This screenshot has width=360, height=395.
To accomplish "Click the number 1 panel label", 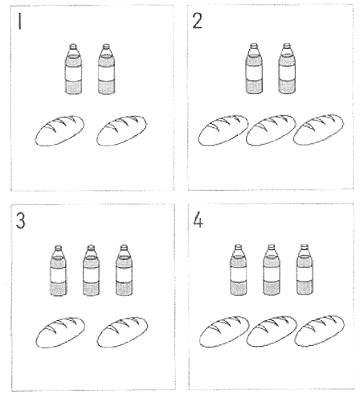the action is tap(19, 21).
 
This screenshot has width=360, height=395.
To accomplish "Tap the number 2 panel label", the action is tap(198, 21).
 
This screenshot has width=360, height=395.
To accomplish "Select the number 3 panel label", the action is tap(21, 220).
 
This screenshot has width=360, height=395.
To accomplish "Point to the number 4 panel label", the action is tap(198, 220).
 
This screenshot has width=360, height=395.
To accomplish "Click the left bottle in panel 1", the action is tap(73, 69).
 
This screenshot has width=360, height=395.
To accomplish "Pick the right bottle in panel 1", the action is tap(106, 69).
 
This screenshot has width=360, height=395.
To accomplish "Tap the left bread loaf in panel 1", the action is tap(59, 130).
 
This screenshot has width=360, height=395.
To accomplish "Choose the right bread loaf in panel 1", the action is tap(121, 130).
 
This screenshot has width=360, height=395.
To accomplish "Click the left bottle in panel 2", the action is tap(254, 68).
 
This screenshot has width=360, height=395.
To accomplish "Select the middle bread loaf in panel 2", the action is tap(271, 130).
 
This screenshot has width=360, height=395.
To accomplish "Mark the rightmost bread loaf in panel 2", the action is tap(318, 130).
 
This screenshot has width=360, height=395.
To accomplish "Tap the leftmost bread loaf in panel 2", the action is tap(223, 130).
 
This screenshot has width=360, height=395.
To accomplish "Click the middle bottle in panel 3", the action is tap(91, 270).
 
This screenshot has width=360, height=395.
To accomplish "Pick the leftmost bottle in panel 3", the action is tap(59, 270).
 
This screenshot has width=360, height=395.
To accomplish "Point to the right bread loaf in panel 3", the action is tap(122, 332).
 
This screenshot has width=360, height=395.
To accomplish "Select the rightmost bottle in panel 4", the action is tap(305, 270).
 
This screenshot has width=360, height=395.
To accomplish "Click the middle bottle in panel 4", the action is tap(272, 270).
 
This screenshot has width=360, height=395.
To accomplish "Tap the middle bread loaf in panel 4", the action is tap(272, 331).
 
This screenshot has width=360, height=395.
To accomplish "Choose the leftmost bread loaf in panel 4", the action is tap(224, 331).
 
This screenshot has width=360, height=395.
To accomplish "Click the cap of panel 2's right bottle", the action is tap(287, 46).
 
